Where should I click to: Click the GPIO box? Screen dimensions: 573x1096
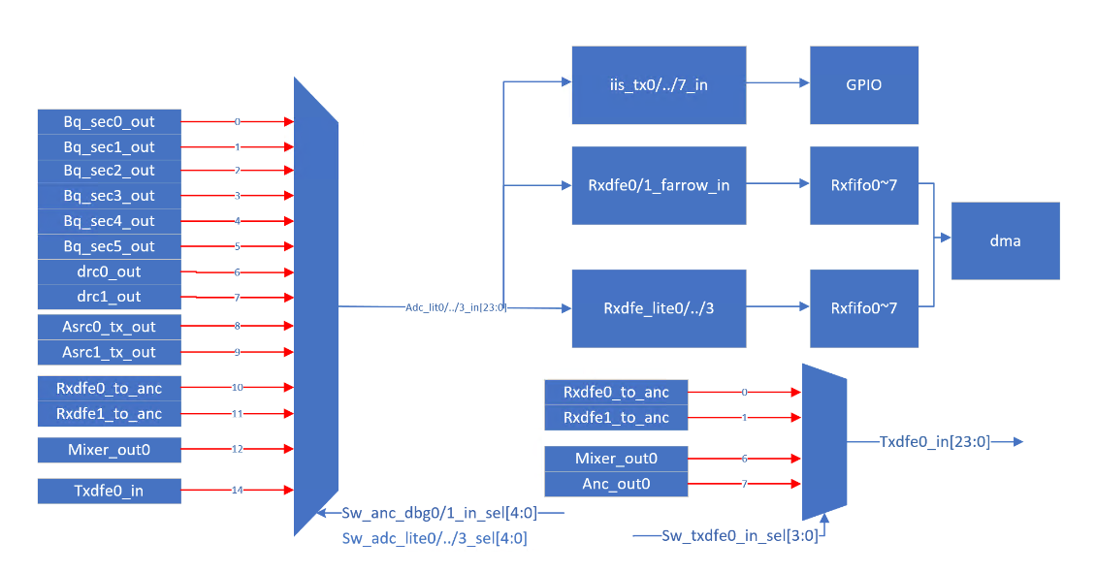864,85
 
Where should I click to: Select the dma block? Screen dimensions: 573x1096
1005,240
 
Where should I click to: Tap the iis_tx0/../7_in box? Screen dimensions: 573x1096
659,85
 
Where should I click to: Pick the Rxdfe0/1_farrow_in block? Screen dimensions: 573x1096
659,185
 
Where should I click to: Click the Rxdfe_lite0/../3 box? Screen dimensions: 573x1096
659,308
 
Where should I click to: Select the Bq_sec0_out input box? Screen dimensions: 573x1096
110,122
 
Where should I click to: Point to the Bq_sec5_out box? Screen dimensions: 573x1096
110,246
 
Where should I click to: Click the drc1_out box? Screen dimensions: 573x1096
110,297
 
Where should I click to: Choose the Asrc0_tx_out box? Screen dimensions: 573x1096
110,327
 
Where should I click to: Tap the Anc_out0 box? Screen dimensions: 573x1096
616,484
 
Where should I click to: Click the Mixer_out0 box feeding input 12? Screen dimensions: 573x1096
110,450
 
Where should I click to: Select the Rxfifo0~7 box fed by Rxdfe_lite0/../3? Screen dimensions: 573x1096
864,308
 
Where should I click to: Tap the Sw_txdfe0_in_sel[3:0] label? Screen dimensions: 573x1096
739,535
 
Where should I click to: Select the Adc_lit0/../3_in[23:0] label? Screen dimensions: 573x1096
456,307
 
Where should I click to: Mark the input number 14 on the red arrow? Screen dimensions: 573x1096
237,491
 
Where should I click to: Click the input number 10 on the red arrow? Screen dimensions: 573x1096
237,388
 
